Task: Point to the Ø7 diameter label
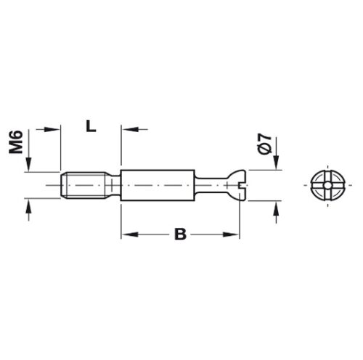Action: coord(264,143)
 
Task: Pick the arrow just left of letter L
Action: coord(52,128)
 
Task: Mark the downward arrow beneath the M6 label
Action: coord(28,168)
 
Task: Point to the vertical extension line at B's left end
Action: coord(121,218)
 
